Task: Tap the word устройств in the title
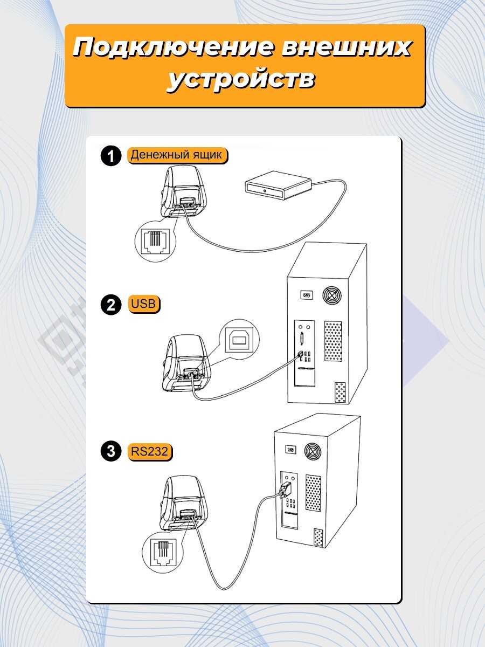241,80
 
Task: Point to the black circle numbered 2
110,305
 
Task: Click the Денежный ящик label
177,155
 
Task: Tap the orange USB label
143,304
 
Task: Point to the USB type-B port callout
241,339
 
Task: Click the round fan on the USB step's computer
332,295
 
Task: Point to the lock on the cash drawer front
265,191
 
